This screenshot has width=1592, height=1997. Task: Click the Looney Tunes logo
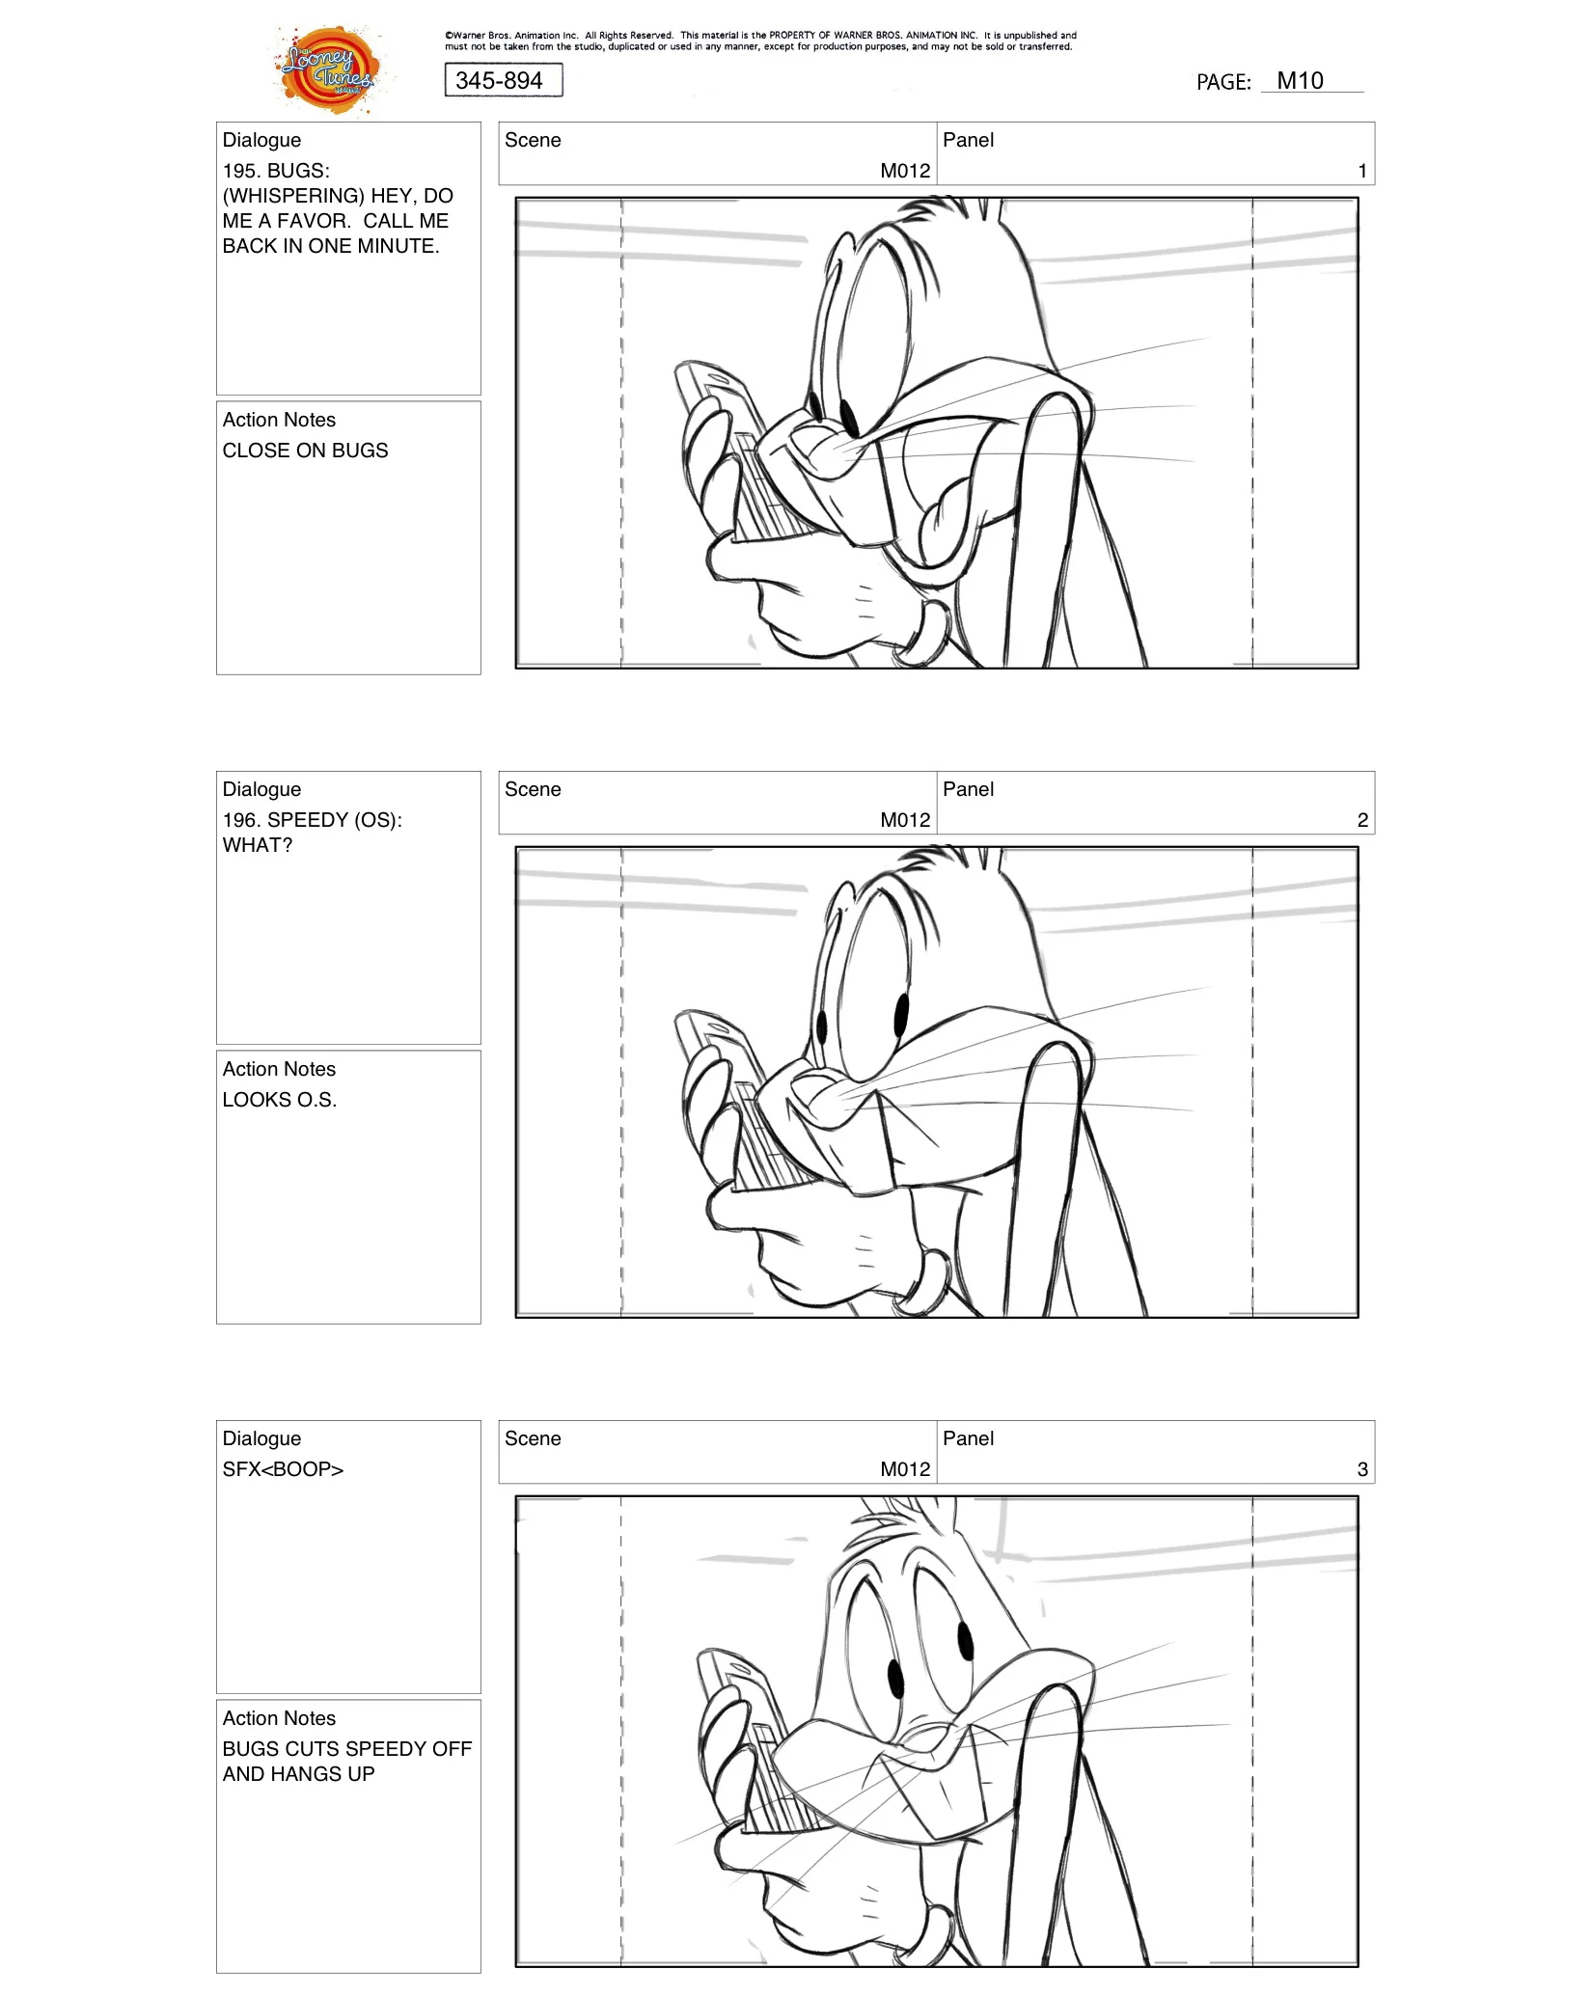tap(329, 70)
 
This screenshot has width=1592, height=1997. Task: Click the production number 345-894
tap(500, 80)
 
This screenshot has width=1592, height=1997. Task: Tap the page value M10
tap(1299, 81)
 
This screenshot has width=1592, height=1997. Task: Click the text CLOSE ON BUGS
tap(305, 451)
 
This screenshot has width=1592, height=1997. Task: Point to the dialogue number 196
tap(240, 820)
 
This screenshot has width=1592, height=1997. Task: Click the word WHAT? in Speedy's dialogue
tap(257, 845)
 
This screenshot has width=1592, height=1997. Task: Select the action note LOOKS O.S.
tap(280, 1100)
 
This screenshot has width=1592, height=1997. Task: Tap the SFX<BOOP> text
tap(283, 1469)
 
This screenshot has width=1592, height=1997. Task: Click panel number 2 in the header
tap(1361, 820)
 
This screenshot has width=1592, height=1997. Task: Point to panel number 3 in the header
tap(1361, 1469)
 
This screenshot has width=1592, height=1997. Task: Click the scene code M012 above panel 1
tap(904, 171)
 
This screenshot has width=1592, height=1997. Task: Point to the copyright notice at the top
tap(759, 41)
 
